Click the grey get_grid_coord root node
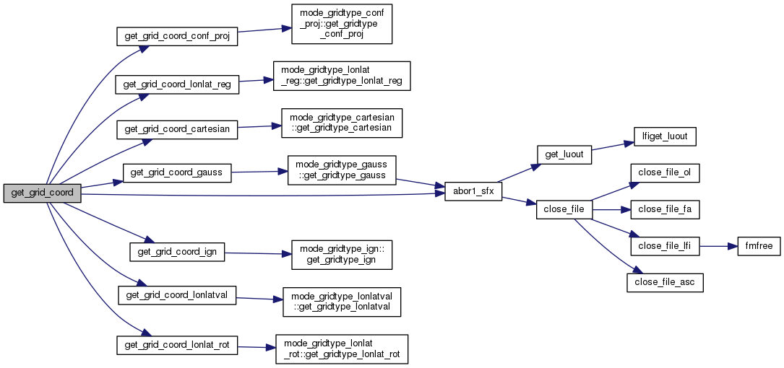click(42, 193)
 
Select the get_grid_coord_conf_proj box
click(177, 36)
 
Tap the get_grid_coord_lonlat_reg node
click(177, 84)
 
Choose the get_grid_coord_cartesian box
click(177, 129)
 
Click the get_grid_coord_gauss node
click(177, 172)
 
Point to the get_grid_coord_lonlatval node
click(177, 296)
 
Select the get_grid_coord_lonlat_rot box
click(177, 345)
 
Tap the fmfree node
click(757, 246)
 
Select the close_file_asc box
click(665, 282)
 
